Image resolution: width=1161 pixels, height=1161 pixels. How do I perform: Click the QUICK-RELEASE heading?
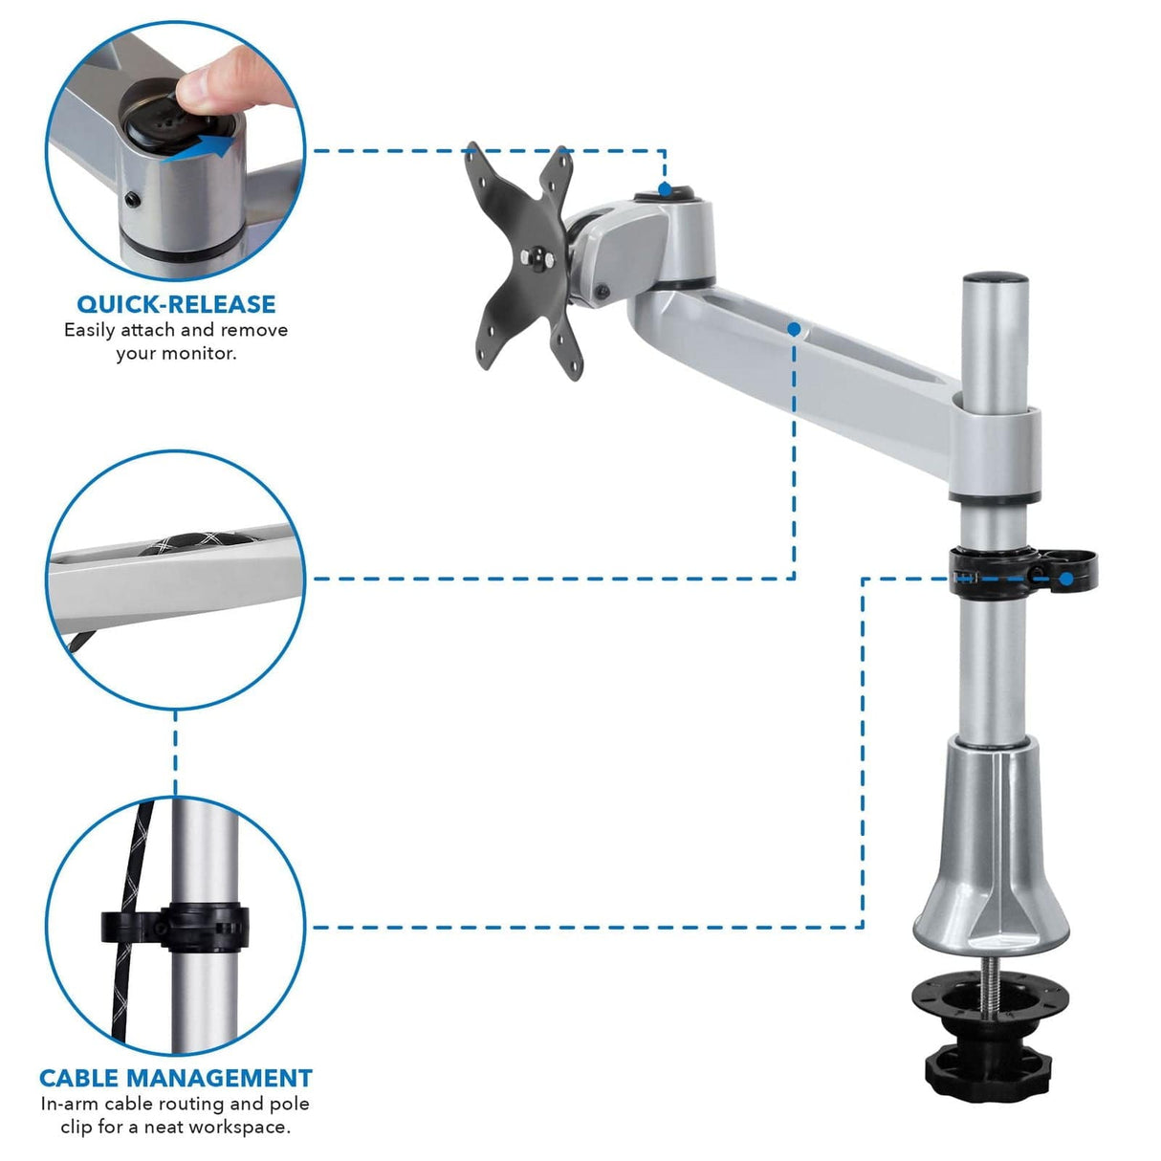(176, 304)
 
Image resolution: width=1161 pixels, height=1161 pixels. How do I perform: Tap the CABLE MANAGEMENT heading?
(176, 1078)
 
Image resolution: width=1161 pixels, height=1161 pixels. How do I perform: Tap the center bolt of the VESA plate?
(538, 256)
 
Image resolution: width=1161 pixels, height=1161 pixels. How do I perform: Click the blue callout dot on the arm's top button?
(665, 189)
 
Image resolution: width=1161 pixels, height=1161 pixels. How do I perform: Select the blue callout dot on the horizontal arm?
(794, 329)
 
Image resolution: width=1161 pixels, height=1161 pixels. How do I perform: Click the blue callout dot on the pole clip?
(1065, 579)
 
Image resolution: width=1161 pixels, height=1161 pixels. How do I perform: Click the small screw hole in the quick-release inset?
(133, 200)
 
